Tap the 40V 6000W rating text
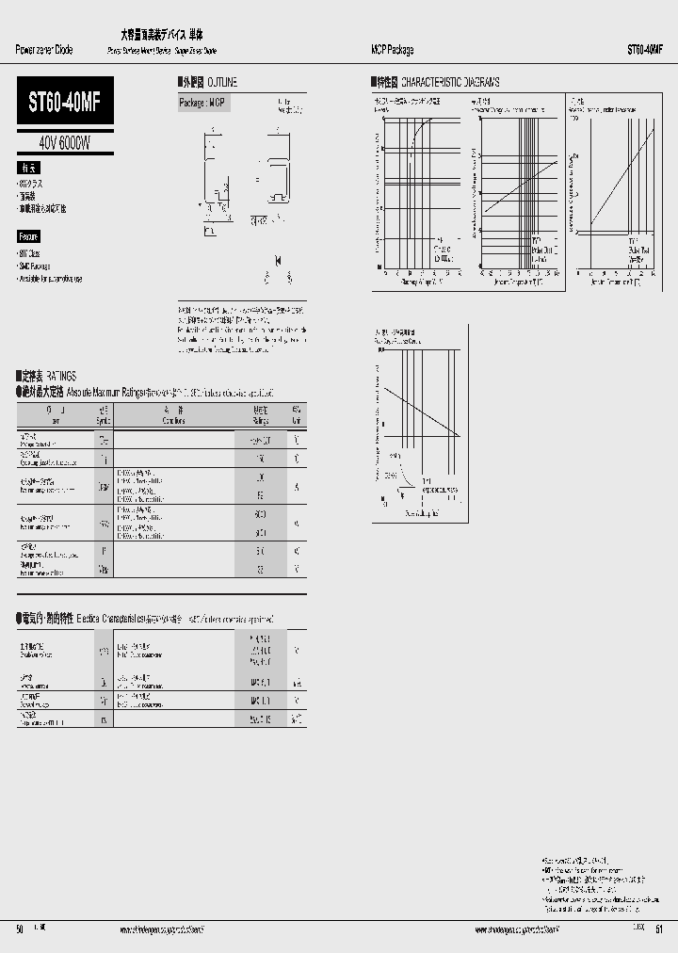click(65, 143)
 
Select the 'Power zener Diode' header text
click(44, 50)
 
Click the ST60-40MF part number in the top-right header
click(644, 50)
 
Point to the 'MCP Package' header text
click(391, 50)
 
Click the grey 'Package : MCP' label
click(203, 103)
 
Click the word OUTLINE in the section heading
click(218, 83)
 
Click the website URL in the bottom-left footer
click(161, 929)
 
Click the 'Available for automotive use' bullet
click(51, 279)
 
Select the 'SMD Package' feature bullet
click(38, 267)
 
